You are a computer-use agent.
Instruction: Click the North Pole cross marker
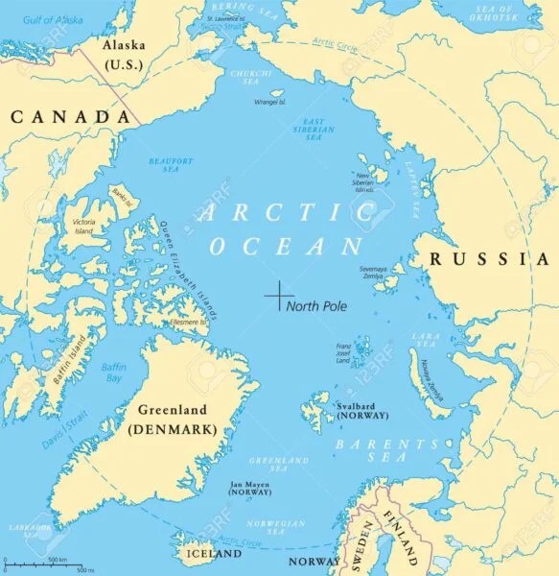click(278, 295)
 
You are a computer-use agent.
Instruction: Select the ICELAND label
click(213, 554)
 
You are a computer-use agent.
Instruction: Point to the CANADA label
click(70, 116)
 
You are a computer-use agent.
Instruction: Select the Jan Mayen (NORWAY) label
click(247, 487)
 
